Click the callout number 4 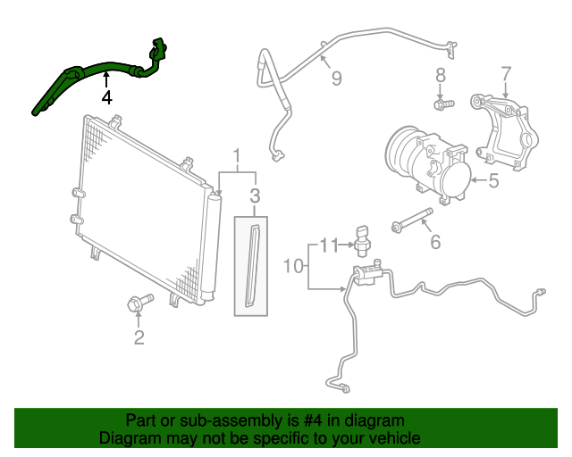(106, 96)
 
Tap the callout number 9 (336, 79)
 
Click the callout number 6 (435, 241)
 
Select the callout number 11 (330, 245)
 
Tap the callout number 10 (294, 266)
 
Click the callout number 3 (255, 195)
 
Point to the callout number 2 (139, 337)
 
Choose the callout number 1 (237, 158)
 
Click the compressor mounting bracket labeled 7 (506, 130)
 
